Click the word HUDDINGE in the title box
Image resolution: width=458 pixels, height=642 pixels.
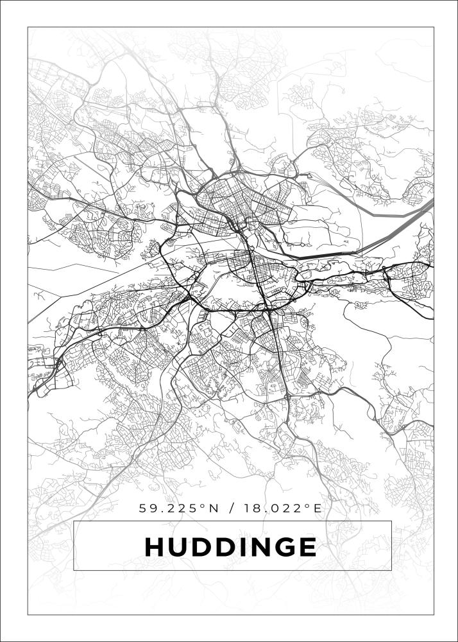click(231, 547)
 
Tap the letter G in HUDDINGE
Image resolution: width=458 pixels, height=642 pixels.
click(283, 547)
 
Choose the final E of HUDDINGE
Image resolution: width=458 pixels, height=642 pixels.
click(306, 547)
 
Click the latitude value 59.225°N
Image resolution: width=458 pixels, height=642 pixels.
click(179, 508)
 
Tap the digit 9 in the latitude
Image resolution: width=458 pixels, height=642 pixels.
click(153, 508)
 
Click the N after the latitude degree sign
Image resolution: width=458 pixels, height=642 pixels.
click(214, 508)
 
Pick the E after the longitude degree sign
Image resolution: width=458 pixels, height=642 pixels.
click(316, 508)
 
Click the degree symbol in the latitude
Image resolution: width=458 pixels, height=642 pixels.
click(203, 506)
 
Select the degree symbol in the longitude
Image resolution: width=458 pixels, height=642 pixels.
click(307, 506)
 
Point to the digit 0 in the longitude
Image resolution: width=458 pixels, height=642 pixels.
click(271, 508)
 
